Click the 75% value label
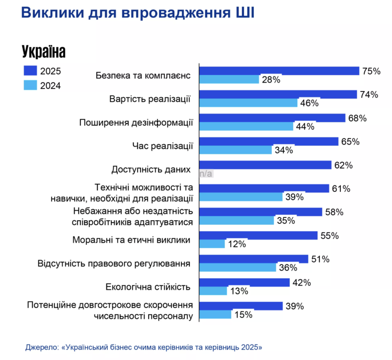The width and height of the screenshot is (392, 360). coord(371,71)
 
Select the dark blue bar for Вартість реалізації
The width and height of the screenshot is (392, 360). coord(278,94)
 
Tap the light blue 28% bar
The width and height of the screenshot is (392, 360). coord(230,79)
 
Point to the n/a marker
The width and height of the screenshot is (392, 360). coord(206,174)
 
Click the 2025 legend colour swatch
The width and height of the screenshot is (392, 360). coord(30,71)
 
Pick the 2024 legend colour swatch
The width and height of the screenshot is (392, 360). coord(30,85)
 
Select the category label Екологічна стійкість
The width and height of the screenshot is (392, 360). coord(149,287)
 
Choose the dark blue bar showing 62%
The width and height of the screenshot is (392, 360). coord(265,165)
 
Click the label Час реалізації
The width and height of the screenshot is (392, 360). coord(162,146)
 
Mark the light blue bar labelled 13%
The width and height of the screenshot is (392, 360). coord(214,291)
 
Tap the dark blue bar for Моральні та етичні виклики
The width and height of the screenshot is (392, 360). coord(259,236)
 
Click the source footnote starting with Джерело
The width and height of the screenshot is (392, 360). coord(144,346)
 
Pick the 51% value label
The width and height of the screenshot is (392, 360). coord(320,259)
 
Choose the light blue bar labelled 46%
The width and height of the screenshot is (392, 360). coord(248,103)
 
